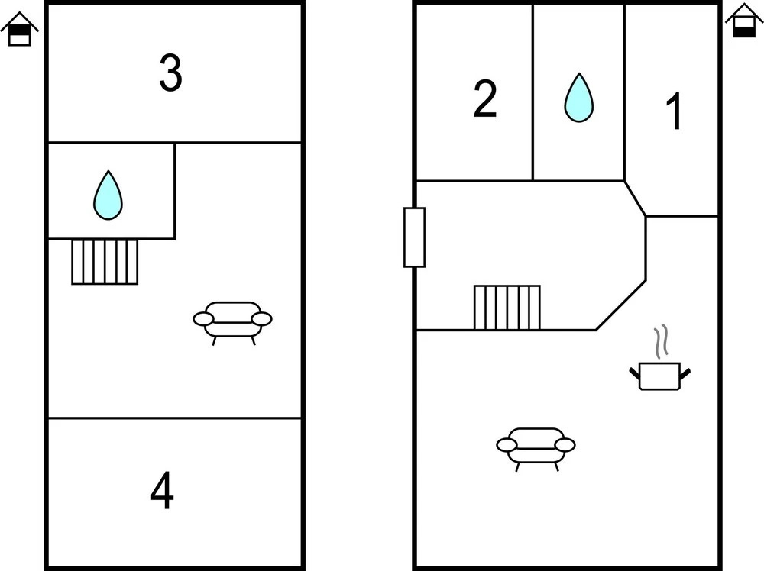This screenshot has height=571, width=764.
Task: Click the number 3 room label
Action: (170, 73)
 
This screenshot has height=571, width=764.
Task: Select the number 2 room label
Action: (485, 99)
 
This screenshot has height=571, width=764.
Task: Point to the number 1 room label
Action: (673, 113)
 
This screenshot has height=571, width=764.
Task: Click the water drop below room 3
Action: (108, 195)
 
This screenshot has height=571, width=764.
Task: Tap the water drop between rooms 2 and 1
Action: (578, 98)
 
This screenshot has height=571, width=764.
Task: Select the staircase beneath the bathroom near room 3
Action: (105, 262)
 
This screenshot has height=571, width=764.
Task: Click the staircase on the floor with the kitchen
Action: (507, 307)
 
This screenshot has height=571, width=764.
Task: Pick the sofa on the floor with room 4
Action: (233, 320)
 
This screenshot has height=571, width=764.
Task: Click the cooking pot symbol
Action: (659, 376)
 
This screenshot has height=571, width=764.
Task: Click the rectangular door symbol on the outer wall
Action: (414, 237)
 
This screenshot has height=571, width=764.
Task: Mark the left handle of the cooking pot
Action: (634, 373)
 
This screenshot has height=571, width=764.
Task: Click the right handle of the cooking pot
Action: (685, 373)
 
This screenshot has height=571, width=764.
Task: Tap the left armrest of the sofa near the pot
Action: (507, 444)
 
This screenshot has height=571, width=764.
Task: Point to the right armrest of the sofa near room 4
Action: (262, 318)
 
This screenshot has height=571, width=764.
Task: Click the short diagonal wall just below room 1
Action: (635, 198)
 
